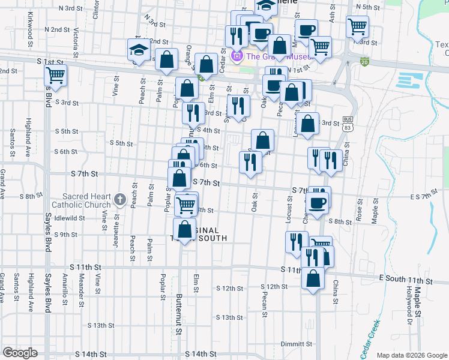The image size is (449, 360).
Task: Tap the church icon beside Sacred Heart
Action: click(x=119, y=199)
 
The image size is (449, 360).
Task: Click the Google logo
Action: click(x=20, y=352)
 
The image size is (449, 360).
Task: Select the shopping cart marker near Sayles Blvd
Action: click(x=55, y=75)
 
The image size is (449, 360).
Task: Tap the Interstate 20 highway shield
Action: click(x=364, y=61)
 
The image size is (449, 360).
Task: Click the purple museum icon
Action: click(x=237, y=57)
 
